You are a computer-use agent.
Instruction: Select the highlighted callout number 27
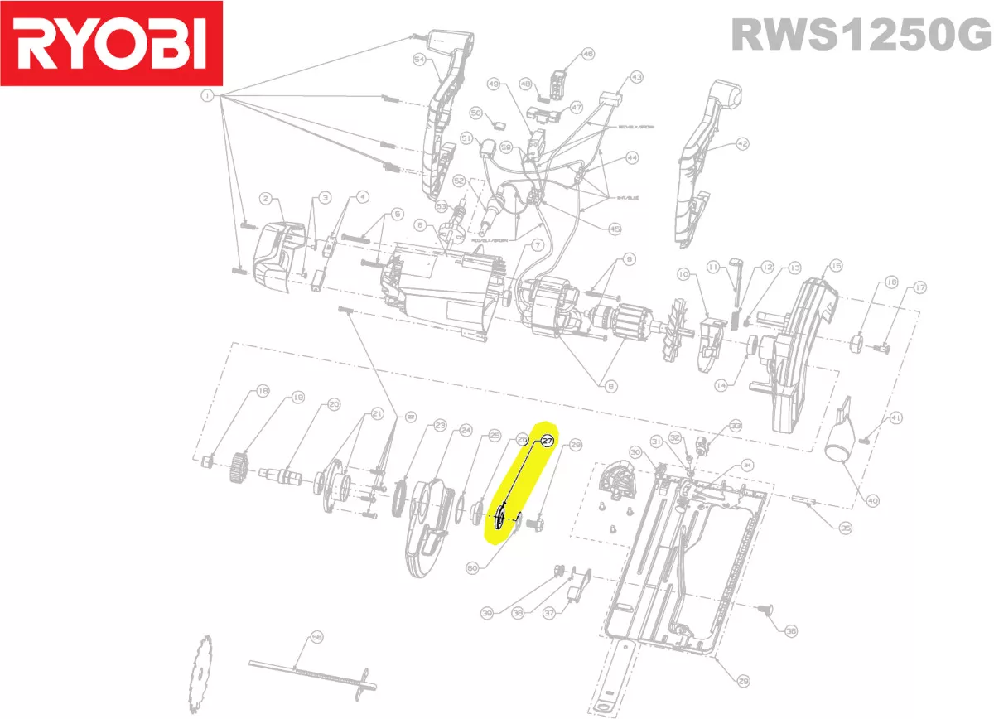(x=547, y=442)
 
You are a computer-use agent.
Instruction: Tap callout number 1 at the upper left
(x=206, y=97)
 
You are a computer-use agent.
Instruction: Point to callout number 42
(x=742, y=143)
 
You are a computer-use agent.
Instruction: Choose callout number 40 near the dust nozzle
(x=872, y=499)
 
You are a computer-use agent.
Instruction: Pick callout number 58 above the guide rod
(x=316, y=637)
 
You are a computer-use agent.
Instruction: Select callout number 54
(x=419, y=60)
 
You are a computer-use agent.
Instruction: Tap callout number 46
(x=588, y=54)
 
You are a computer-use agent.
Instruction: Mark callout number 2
(x=266, y=198)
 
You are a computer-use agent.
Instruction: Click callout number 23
(x=440, y=426)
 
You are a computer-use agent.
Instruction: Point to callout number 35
(x=845, y=527)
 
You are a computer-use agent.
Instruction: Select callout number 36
(x=791, y=631)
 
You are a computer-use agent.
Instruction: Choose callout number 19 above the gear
(x=297, y=398)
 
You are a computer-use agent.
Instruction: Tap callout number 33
(x=736, y=426)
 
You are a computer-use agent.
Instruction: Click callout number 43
(x=636, y=77)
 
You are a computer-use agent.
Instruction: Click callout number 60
(x=472, y=568)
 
